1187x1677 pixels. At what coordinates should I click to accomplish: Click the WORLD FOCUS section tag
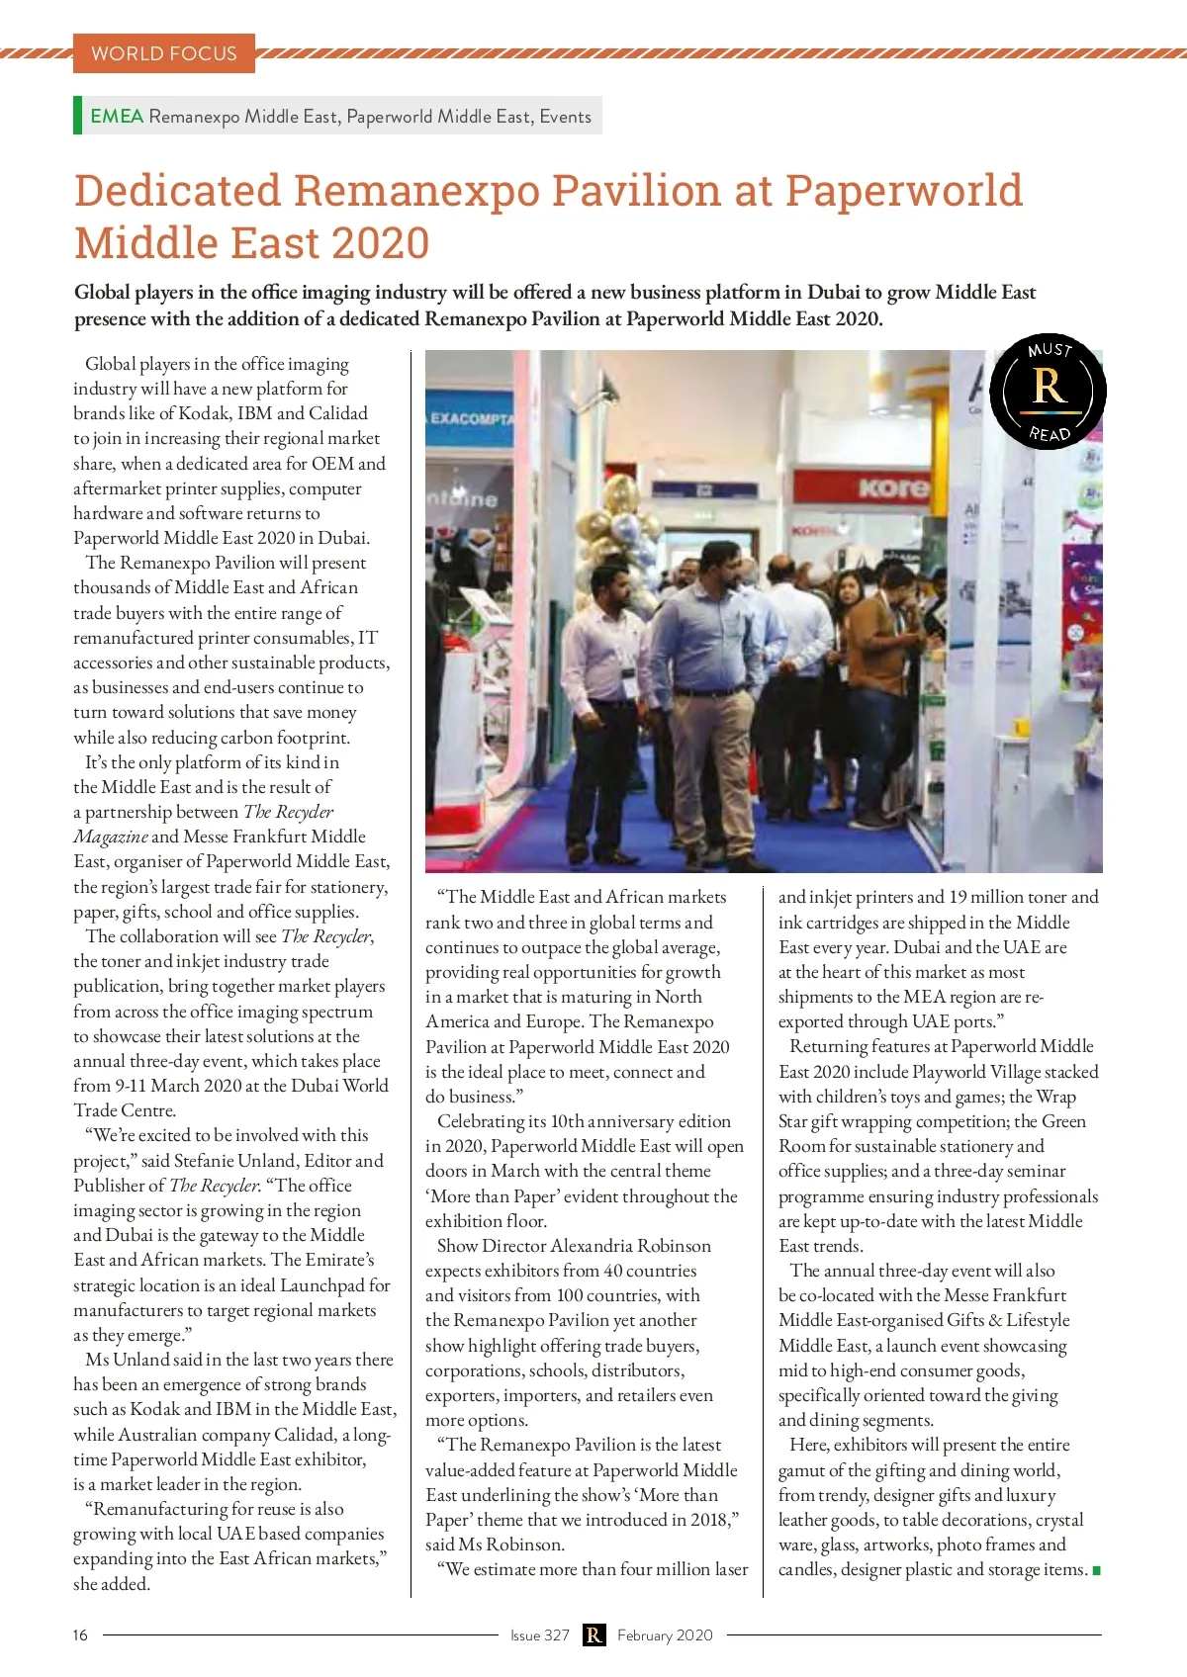(164, 53)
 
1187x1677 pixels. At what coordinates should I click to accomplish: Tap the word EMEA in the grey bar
(117, 116)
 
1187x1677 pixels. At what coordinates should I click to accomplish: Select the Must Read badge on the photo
(1049, 391)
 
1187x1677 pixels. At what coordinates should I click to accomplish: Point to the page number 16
(80, 1634)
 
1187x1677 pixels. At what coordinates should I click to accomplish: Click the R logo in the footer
(593, 1634)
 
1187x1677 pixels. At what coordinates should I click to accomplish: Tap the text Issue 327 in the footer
(540, 1634)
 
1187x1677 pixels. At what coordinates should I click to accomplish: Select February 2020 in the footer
(665, 1634)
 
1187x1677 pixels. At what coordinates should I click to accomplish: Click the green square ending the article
(1096, 1570)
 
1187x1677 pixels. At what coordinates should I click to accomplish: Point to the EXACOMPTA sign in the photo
(471, 418)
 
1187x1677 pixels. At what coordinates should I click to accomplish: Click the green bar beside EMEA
(77, 115)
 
